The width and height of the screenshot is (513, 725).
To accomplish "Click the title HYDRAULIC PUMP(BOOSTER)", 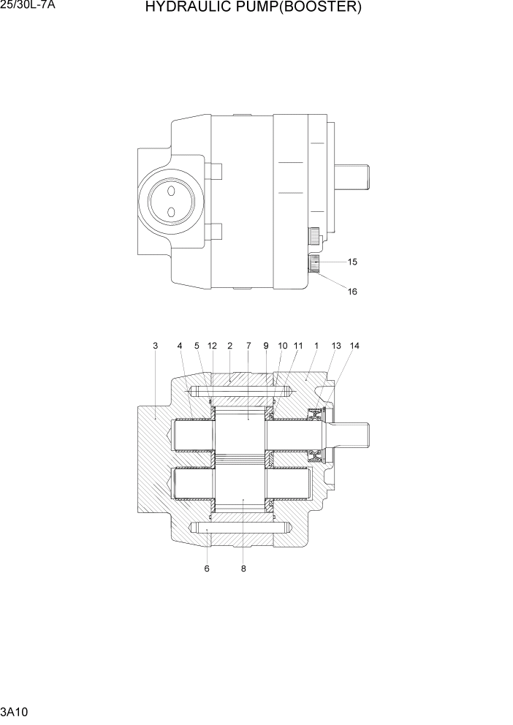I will point(253,8).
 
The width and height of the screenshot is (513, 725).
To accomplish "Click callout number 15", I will point(352,262).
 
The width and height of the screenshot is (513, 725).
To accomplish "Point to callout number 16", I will point(352,292).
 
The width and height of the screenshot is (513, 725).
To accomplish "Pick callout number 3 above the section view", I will point(155,346).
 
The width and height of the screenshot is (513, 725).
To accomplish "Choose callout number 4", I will point(180,346).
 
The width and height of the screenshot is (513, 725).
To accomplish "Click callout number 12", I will point(212,346).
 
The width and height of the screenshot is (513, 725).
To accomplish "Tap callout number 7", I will point(248,346).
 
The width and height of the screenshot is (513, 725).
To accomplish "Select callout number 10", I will point(282,346).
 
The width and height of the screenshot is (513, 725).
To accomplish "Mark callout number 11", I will point(298,346).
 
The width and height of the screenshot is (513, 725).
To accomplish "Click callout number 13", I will point(336,346).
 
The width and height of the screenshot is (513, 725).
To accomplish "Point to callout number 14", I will point(355,346).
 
